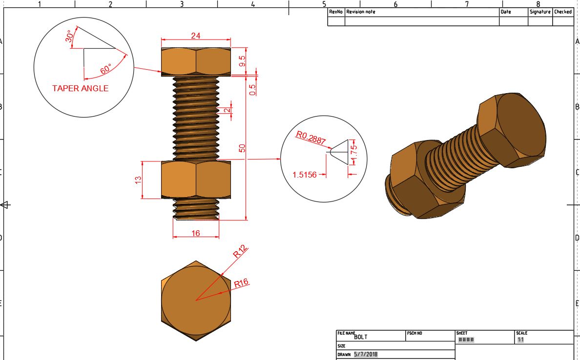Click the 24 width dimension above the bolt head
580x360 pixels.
click(x=196, y=36)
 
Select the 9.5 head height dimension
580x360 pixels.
click(x=242, y=61)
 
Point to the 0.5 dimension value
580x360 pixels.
click(x=252, y=89)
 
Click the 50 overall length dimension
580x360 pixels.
click(x=242, y=149)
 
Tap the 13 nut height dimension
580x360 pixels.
click(x=138, y=180)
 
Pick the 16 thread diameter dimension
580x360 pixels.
click(x=196, y=233)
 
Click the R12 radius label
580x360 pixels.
click(x=240, y=252)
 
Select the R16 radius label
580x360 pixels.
click(x=241, y=282)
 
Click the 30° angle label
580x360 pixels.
click(x=69, y=37)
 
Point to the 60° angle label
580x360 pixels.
click(x=106, y=69)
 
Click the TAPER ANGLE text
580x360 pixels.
click(x=80, y=88)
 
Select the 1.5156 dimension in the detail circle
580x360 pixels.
click(x=305, y=175)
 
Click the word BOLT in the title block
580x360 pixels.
click(x=361, y=337)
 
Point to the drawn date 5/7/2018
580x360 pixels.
click(x=366, y=355)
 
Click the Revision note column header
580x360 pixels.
click(x=361, y=12)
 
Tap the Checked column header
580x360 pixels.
click(x=562, y=12)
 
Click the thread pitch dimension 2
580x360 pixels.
click(x=226, y=110)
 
